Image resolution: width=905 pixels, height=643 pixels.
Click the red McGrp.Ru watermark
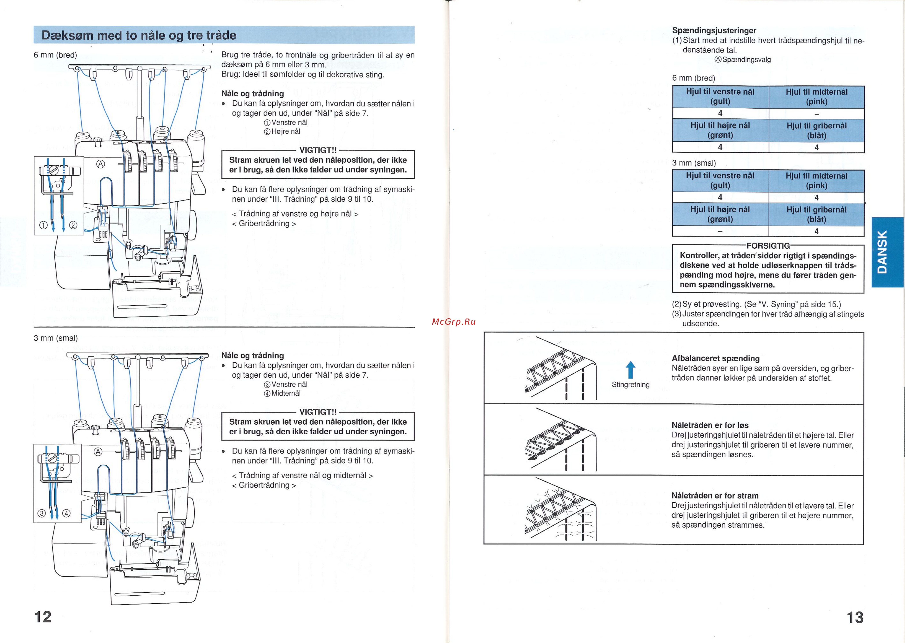(453, 322)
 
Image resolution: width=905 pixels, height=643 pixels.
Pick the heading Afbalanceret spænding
(715, 358)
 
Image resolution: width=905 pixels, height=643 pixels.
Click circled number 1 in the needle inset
(43, 225)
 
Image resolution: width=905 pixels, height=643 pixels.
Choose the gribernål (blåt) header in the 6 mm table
(816, 131)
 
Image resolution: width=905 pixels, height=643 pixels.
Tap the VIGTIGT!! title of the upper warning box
(318, 150)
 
